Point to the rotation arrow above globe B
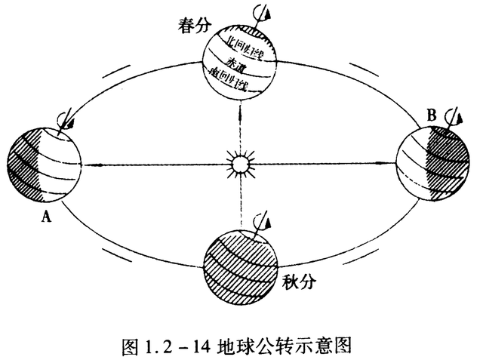[452, 116]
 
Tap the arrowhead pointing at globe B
[393, 162]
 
